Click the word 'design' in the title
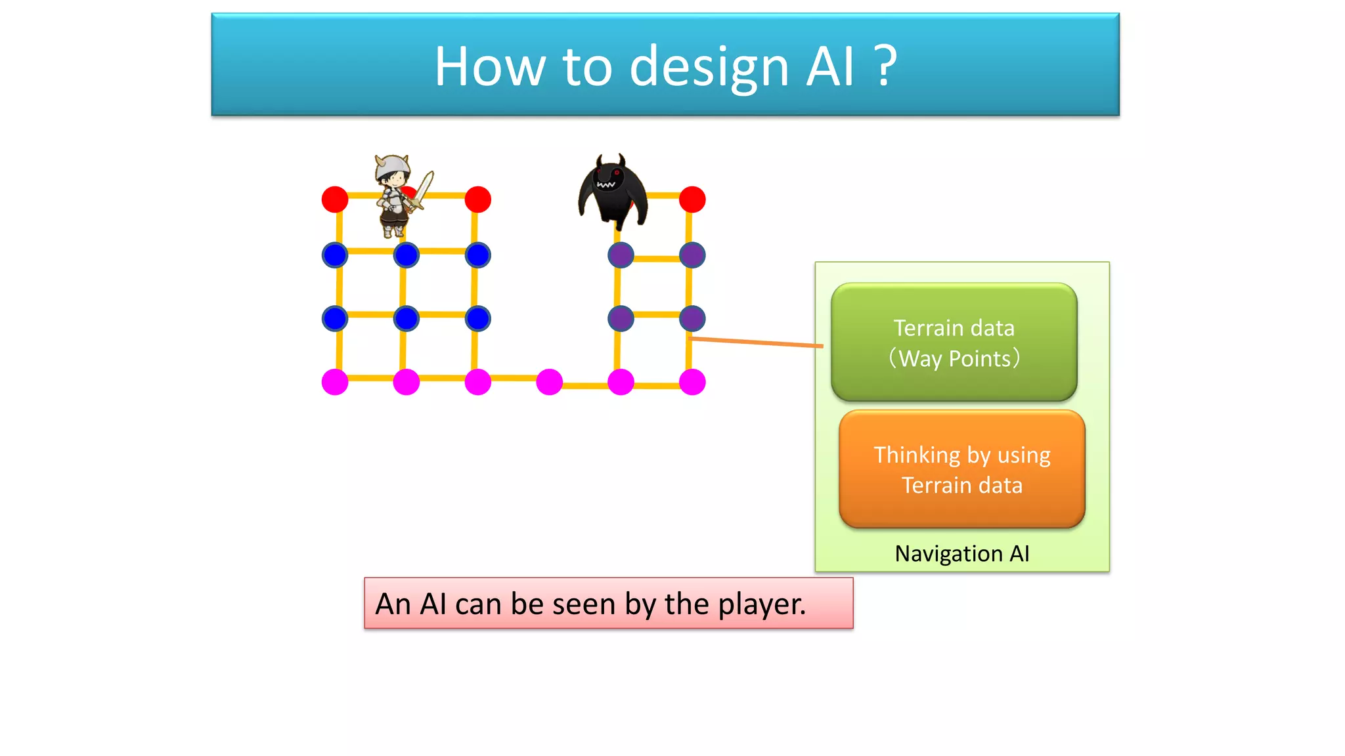(709, 67)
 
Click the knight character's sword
(422, 190)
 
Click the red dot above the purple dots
(692, 199)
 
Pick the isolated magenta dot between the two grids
(549, 382)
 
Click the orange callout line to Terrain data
(755, 342)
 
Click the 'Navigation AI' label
(961, 554)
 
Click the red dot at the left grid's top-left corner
(335, 199)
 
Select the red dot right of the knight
(477, 199)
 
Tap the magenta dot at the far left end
(335, 382)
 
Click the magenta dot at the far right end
(692, 382)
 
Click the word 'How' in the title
(489, 67)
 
